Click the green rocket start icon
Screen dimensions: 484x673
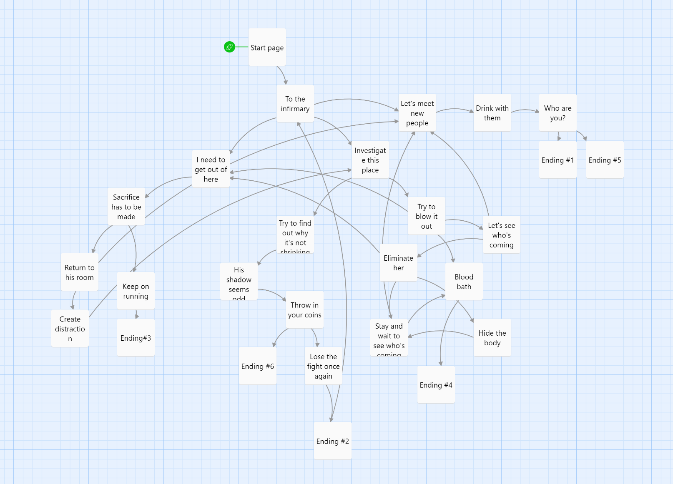point(229,47)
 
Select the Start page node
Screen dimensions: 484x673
point(267,47)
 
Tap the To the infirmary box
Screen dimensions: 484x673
point(295,104)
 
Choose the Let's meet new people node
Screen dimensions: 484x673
point(417,113)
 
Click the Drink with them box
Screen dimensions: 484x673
point(492,113)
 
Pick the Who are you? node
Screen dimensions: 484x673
point(557,113)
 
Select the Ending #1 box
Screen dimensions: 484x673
point(557,160)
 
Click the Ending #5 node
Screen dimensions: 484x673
point(605,160)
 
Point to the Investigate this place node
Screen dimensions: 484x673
point(370,160)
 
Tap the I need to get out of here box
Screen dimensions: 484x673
point(211,169)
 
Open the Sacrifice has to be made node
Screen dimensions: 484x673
point(126,207)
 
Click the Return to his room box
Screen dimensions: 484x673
point(79,272)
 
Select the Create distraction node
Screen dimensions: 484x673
point(70,329)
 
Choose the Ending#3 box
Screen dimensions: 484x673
point(136,338)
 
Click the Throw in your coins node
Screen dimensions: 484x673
point(304,310)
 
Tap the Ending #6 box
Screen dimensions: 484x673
point(257,366)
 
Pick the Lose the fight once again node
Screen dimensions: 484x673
point(323,366)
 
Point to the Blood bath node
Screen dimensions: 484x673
point(464,282)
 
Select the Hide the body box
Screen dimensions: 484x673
point(492,338)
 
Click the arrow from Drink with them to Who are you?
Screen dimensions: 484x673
point(525,110)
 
